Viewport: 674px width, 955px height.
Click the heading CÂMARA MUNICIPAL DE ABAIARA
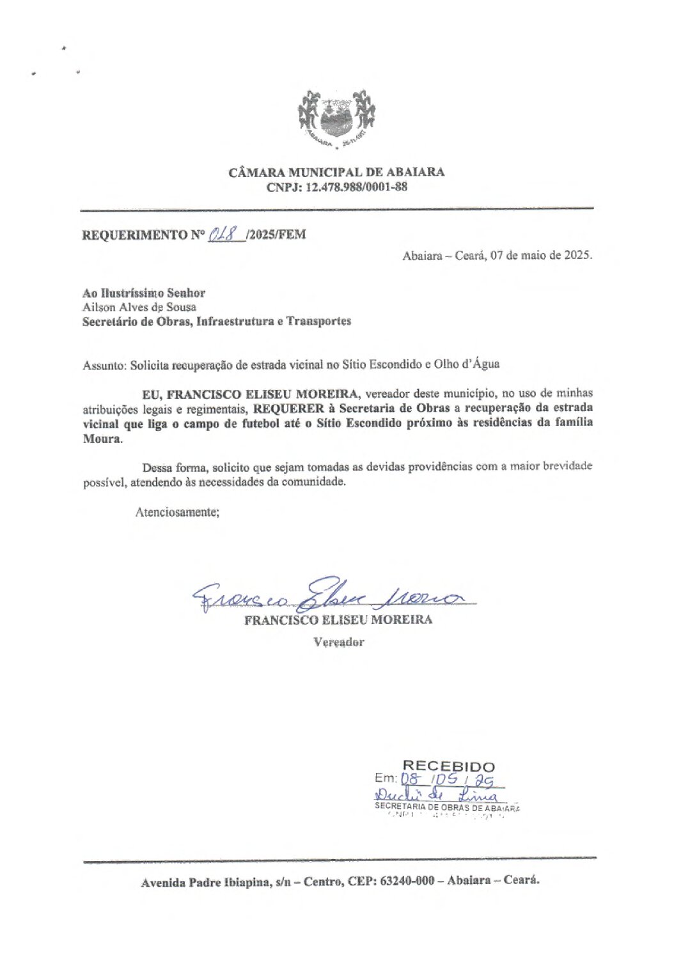(x=336, y=172)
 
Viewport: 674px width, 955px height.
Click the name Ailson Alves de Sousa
(x=139, y=307)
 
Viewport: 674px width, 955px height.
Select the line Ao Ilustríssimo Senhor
(x=144, y=293)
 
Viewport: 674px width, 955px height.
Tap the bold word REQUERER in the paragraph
(x=288, y=408)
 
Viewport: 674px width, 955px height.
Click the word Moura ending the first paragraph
(x=101, y=439)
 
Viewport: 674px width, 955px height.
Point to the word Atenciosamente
(x=177, y=512)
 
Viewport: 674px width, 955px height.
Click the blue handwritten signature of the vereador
(x=333, y=594)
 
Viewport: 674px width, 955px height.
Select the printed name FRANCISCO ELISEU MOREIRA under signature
(x=338, y=620)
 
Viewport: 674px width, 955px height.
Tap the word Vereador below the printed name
(x=338, y=642)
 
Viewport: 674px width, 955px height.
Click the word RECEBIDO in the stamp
(x=448, y=766)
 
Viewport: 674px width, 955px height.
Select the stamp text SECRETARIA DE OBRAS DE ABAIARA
(x=447, y=807)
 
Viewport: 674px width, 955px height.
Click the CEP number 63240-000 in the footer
(x=407, y=880)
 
